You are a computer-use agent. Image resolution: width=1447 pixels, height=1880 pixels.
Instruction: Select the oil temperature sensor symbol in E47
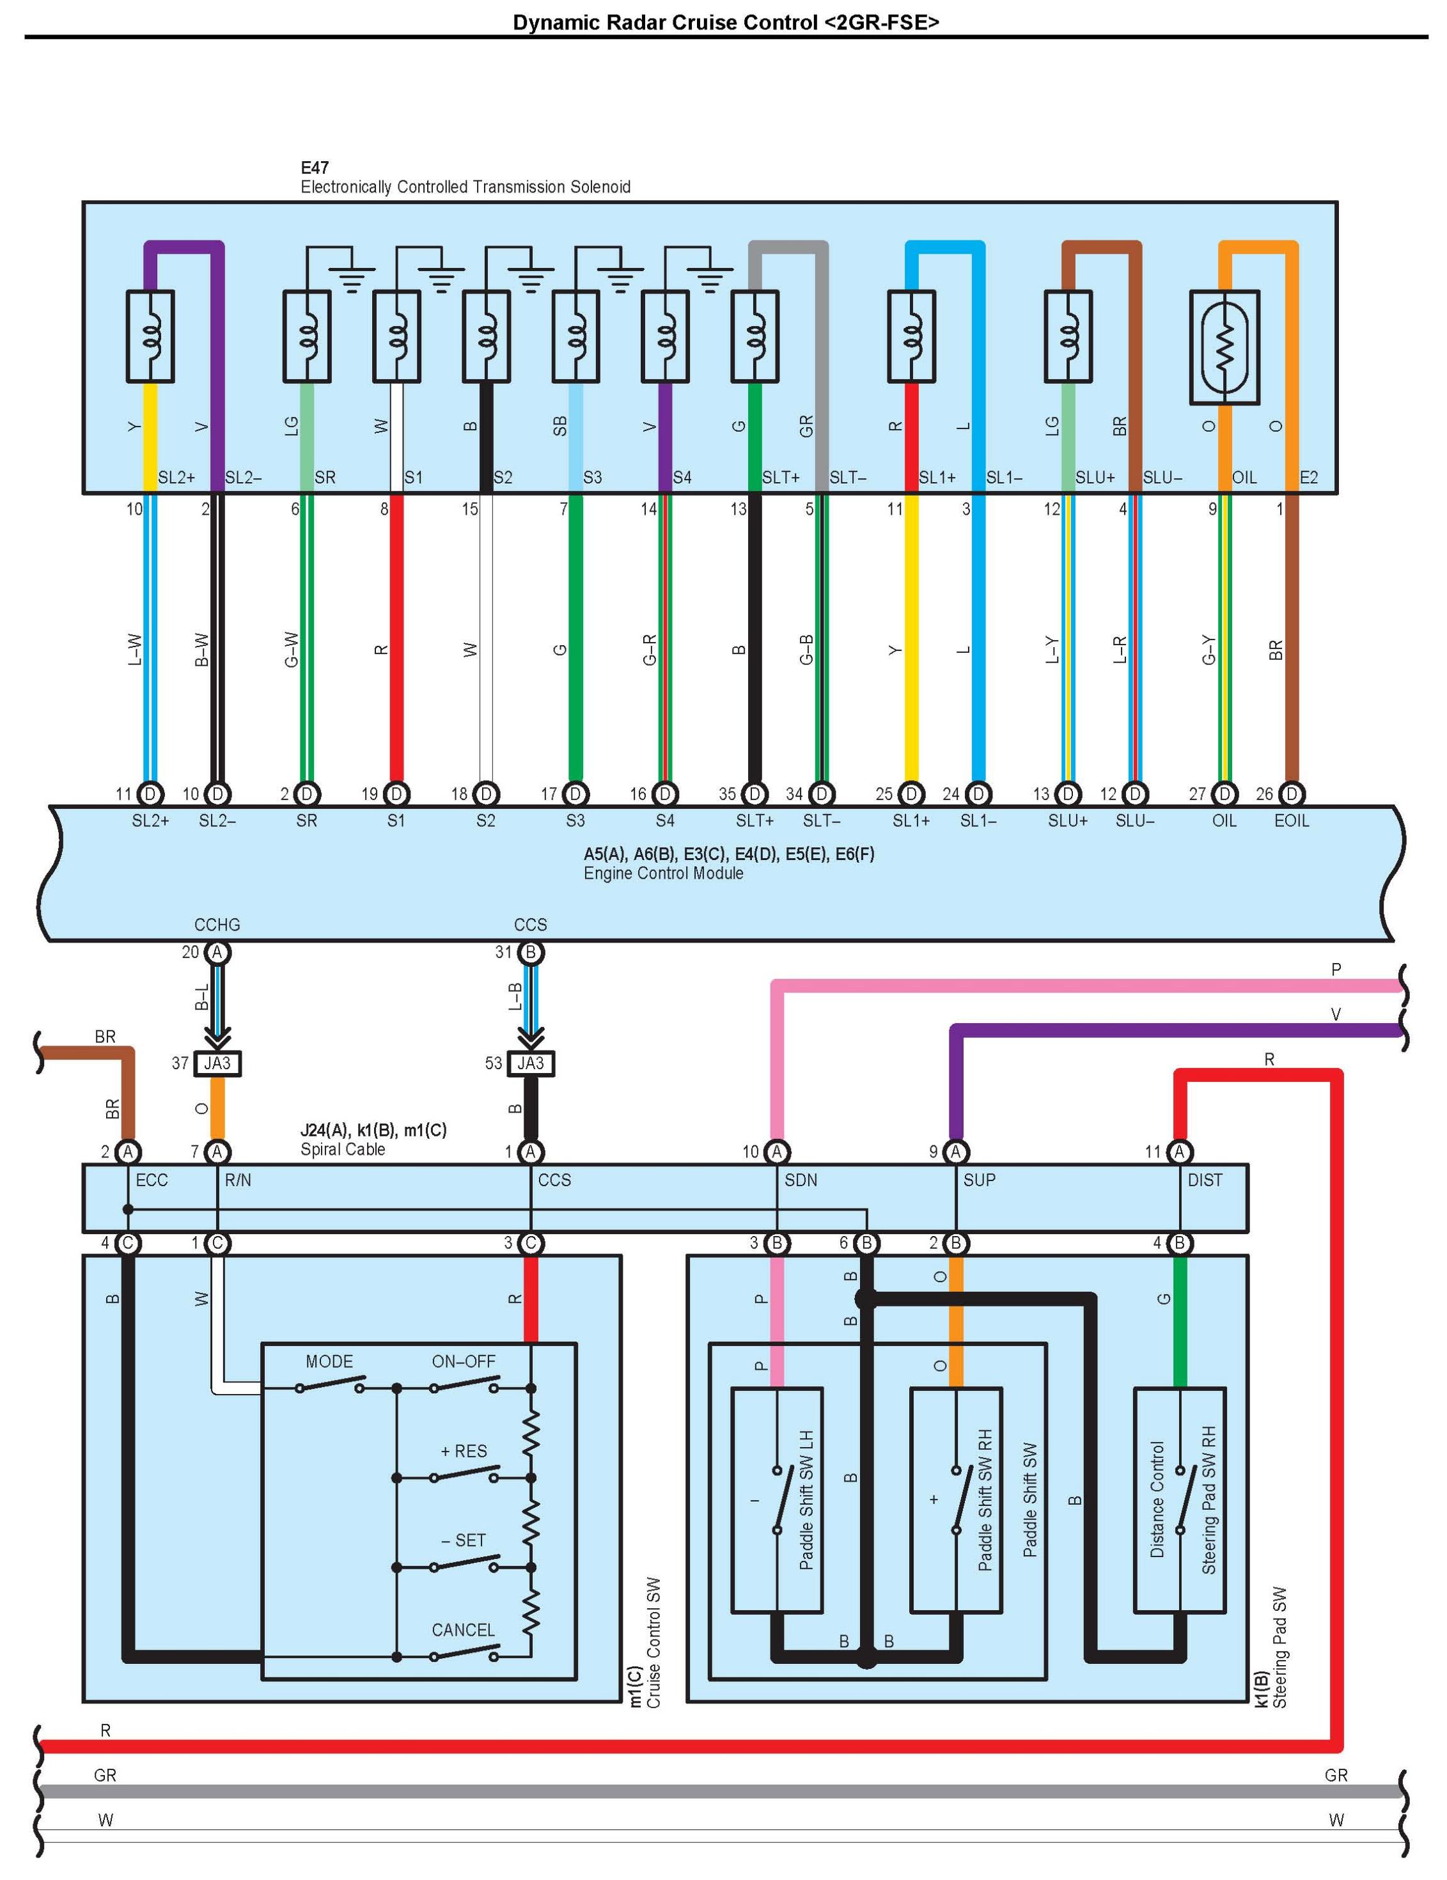pyautogui.click(x=1224, y=347)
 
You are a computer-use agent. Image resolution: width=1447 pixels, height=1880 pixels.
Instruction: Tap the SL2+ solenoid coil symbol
pyautogui.click(x=151, y=336)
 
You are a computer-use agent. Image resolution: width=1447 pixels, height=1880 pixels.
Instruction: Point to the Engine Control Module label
pyautogui.click(x=664, y=873)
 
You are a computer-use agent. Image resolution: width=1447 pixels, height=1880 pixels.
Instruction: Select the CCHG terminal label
pyautogui.click(x=217, y=925)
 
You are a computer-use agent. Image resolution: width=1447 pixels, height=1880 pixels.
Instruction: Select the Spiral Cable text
pyautogui.click(x=343, y=1149)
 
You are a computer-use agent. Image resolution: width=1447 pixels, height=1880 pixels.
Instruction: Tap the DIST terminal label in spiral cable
pyautogui.click(x=1205, y=1180)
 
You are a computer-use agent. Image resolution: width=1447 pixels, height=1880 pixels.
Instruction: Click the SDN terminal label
pyautogui.click(x=801, y=1180)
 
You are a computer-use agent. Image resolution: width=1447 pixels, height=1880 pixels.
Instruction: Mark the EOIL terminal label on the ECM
pyautogui.click(x=1291, y=820)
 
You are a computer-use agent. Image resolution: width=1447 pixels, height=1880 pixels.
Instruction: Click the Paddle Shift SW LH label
pyautogui.click(x=806, y=1500)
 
